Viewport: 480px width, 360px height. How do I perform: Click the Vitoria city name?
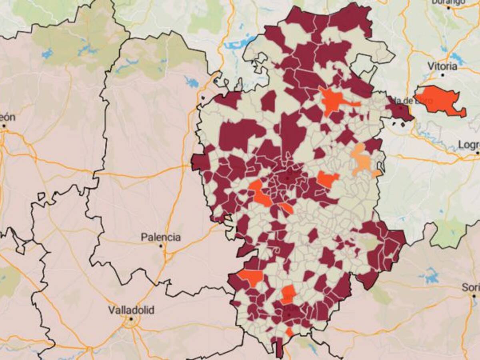442,66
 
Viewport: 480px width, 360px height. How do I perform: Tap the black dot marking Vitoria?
443,75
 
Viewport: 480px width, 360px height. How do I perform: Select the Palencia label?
160,237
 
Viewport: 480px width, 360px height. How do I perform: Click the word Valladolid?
131,310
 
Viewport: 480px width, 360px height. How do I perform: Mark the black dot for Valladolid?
131,319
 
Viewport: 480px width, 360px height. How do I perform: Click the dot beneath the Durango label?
448,7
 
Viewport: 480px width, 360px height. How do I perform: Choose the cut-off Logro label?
469,144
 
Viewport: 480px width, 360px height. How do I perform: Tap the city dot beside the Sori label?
474,296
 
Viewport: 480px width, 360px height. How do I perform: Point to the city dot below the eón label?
4,126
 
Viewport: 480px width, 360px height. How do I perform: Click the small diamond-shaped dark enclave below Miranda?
402,124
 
